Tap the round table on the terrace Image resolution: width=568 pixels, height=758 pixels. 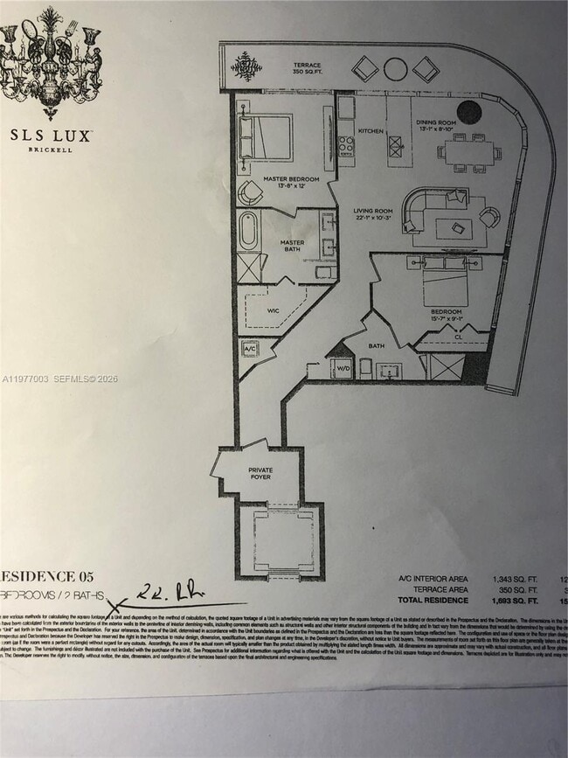[x=395, y=68]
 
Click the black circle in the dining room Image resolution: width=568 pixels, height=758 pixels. [x=471, y=113]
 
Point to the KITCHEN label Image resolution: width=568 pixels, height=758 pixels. [x=371, y=131]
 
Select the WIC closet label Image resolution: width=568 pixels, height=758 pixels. [x=273, y=309]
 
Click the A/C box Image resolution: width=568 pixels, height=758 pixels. [x=249, y=349]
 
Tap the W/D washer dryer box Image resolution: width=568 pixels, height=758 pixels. [x=343, y=368]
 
